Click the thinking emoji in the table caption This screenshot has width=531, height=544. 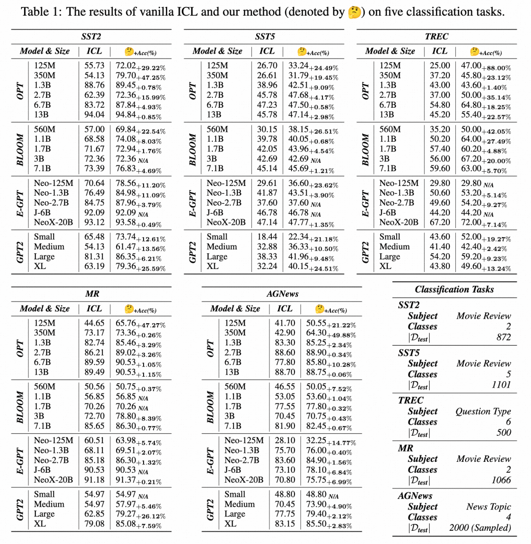pyautogui.click(x=354, y=11)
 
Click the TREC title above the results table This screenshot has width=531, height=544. pyautogui.click(x=437, y=36)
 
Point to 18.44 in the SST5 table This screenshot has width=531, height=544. pyautogui.click(x=267, y=236)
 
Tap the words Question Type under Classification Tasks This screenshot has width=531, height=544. pyautogui.click(x=483, y=411)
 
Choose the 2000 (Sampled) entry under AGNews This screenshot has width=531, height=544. pyautogui.click(x=480, y=528)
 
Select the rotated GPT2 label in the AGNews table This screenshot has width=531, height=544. pyautogui.click(x=210, y=509)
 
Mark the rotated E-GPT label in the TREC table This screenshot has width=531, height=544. pyautogui.click(x=365, y=203)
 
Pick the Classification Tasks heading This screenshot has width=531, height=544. pyautogui.click(x=454, y=289)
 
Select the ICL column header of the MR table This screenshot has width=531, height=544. pyautogui.click(x=94, y=308)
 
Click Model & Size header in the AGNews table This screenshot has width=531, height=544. pyautogui.click(x=235, y=308)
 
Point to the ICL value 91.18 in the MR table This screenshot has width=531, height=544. pyautogui.click(x=94, y=480)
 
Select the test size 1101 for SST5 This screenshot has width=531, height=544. pyautogui.click(x=501, y=385)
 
